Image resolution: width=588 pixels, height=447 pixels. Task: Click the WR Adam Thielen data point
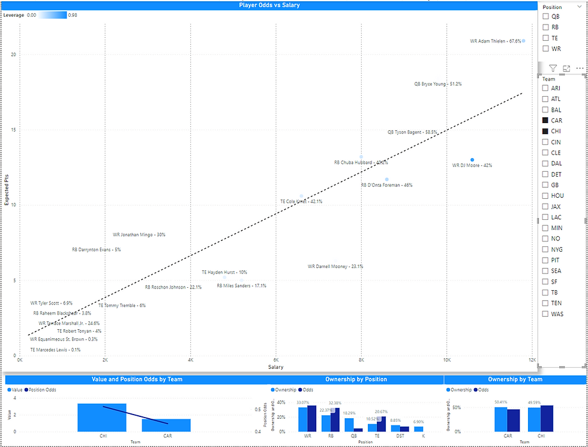[x=523, y=41]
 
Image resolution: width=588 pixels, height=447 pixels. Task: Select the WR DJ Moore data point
[x=472, y=160]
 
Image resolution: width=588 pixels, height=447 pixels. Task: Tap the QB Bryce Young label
[x=438, y=84]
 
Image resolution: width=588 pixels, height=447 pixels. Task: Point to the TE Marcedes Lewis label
[x=55, y=350]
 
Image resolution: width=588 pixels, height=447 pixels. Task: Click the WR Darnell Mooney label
[x=335, y=266]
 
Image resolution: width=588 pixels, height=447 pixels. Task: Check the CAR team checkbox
[x=545, y=120]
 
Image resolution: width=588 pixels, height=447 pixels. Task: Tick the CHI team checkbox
[x=545, y=131]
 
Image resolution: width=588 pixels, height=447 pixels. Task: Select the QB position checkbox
[x=545, y=16]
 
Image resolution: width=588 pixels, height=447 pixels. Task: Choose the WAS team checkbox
[x=545, y=314]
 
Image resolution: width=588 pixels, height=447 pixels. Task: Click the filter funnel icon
[x=553, y=68]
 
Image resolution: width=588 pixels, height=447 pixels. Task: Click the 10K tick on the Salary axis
[x=446, y=360]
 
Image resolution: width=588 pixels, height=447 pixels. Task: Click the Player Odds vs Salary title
[x=269, y=5]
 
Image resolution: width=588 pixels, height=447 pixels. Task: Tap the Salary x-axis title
[x=275, y=367]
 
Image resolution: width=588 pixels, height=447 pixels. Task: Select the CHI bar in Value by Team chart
[x=101, y=417]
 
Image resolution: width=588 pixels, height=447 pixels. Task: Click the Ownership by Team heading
[x=515, y=379]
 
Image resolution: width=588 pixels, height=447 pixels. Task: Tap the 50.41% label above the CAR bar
[x=501, y=402]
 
